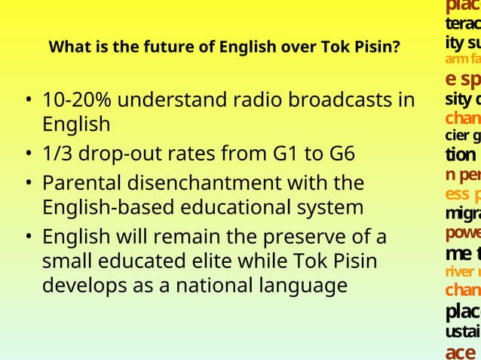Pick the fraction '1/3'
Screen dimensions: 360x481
pos(59,154)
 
